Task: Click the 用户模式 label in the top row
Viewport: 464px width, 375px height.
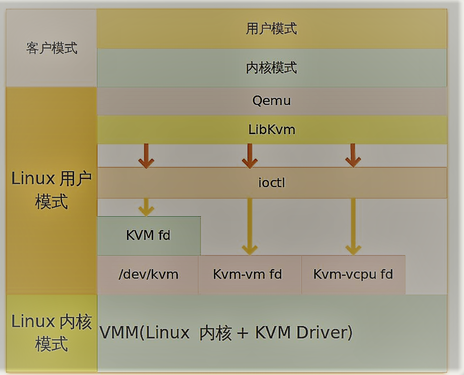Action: pyautogui.click(x=271, y=29)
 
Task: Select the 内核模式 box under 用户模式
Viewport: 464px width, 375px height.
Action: pyautogui.click(x=271, y=67)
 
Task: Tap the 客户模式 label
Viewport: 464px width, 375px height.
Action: pyautogui.click(x=51, y=48)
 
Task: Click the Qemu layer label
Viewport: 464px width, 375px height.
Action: pyautogui.click(x=271, y=101)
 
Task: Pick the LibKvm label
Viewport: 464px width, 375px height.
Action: pyautogui.click(x=271, y=130)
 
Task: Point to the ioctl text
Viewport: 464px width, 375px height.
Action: pyautogui.click(x=271, y=183)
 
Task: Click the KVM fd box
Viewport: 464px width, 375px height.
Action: pyautogui.click(x=148, y=235)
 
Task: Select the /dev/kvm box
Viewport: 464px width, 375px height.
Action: pyautogui.click(x=148, y=274)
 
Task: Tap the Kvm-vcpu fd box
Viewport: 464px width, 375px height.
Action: pyautogui.click(x=353, y=274)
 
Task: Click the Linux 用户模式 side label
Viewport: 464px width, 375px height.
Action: pyautogui.click(x=51, y=190)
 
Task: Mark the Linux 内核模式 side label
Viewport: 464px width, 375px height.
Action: pyautogui.click(x=51, y=332)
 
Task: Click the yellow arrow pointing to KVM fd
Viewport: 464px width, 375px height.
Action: pyautogui.click(x=146, y=207)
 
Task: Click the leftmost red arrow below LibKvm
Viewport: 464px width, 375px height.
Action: pyautogui.click(x=146, y=156)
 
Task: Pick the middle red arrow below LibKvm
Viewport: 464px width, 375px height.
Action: pyautogui.click(x=249, y=156)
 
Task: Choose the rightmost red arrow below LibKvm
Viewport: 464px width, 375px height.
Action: pyautogui.click(x=352, y=156)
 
